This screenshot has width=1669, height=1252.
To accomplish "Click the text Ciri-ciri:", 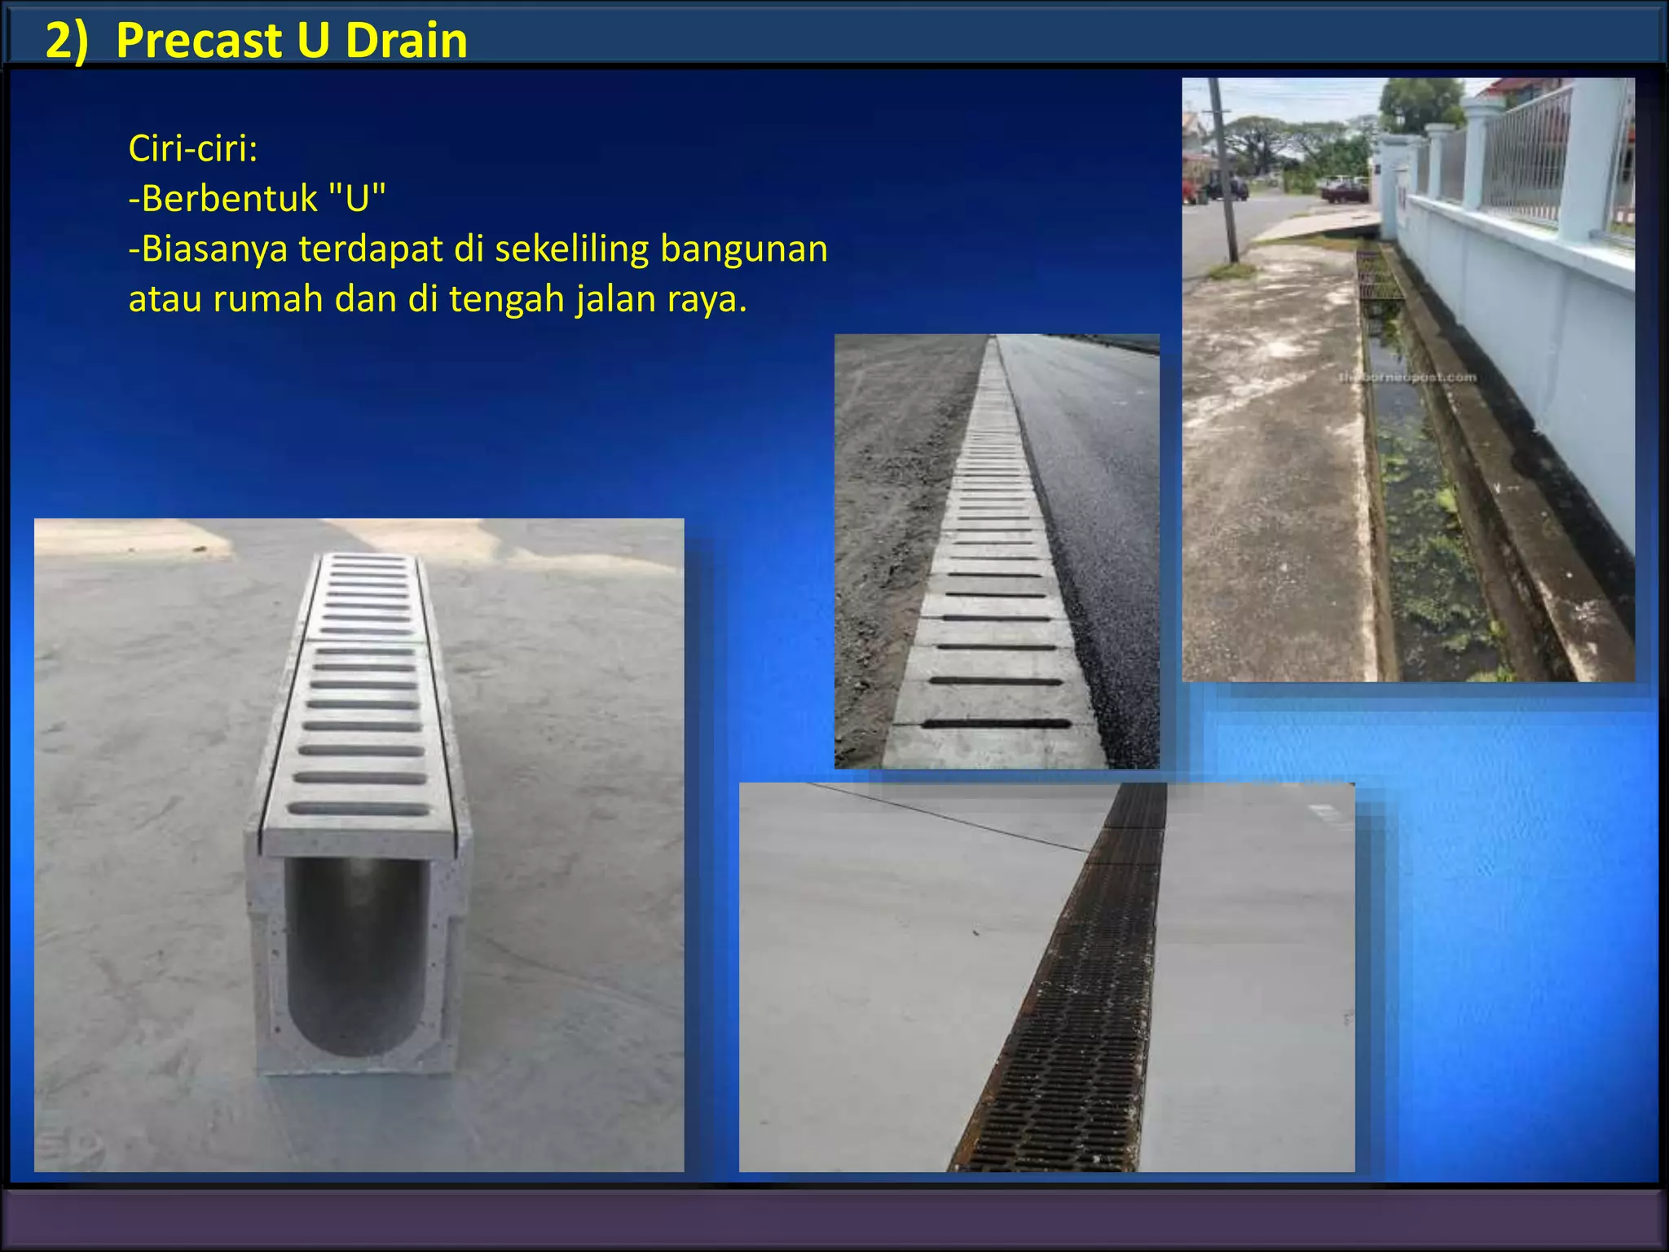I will (193, 148).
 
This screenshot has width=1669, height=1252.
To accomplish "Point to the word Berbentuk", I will (229, 198).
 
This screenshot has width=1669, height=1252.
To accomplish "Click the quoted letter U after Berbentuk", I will (357, 198).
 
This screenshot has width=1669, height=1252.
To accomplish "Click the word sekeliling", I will (571, 249).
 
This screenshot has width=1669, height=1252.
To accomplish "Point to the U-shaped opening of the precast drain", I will (357, 954).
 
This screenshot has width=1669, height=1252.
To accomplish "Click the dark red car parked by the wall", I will (1345, 192).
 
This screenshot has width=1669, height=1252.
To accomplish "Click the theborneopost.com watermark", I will (1407, 377).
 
